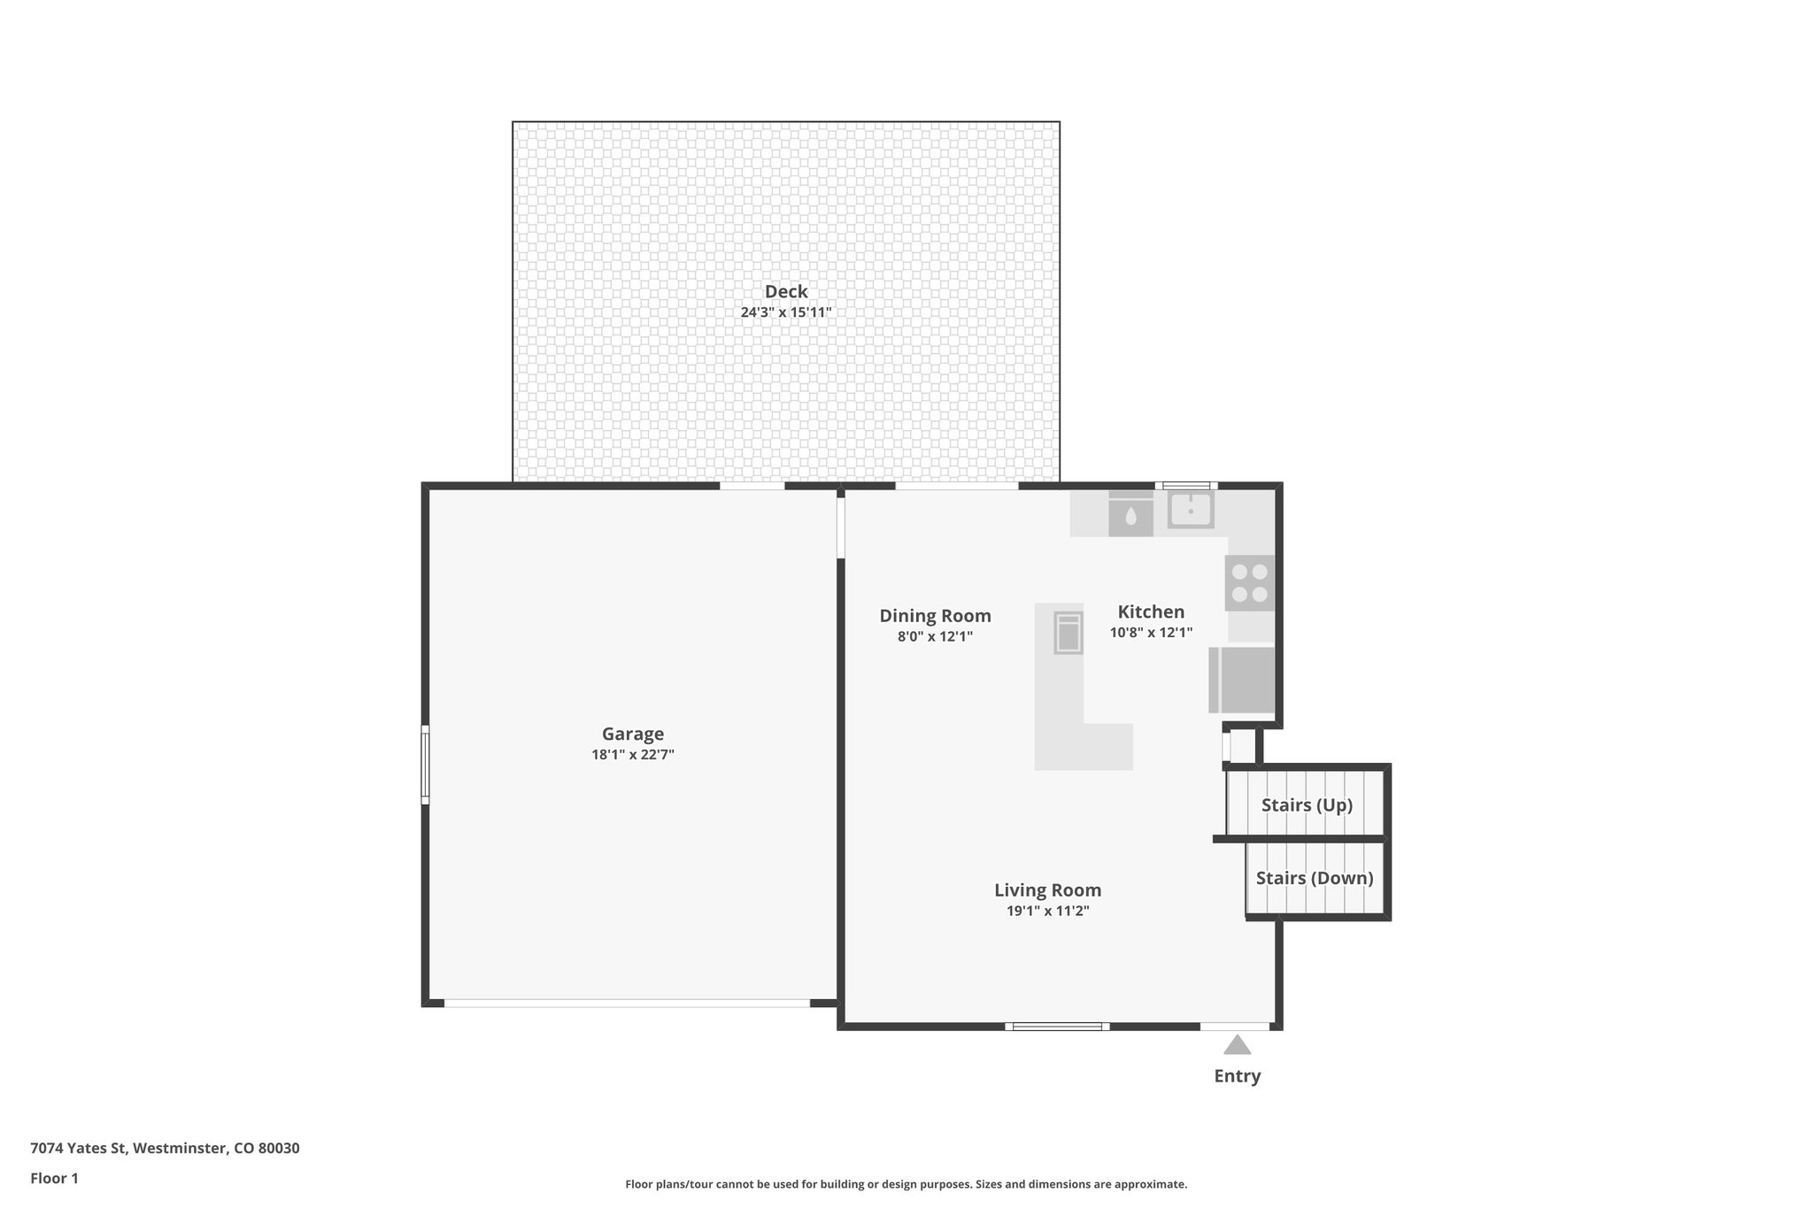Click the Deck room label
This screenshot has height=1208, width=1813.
[x=786, y=291]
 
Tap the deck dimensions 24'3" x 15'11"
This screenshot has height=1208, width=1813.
[x=786, y=312]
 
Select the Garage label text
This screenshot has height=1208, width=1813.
[x=632, y=734]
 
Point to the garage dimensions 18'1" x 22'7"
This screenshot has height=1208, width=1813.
[x=632, y=755]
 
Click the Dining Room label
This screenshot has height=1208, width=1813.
[x=935, y=616]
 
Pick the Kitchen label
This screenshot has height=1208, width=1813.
[x=1151, y=612]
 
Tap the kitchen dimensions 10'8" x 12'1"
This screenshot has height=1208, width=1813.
[x=1151, y=633]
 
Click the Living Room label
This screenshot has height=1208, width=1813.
[x=1047, y=890]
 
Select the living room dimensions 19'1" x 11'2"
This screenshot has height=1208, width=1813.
[x=1047, y=912]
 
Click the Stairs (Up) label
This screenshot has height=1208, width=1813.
[x=1307, y=805]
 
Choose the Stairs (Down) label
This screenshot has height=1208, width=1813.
[x=1315, y=878]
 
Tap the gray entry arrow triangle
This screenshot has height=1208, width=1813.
[x=1237, y=1046]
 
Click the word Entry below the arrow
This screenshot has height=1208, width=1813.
[x=1237, y=1076]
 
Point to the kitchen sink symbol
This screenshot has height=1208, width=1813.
[x=1191, y=511]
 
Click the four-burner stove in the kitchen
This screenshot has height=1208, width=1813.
[x=1249, y=583]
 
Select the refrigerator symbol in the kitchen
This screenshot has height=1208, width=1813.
[x=1242, y=680]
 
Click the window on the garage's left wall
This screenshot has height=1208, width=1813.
[x=425, y=765]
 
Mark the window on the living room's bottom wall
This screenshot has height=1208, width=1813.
[x=1057, y=1027]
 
